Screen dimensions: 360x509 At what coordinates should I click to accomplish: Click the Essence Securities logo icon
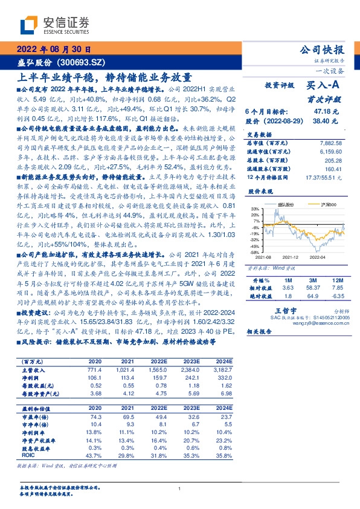click(29, 24)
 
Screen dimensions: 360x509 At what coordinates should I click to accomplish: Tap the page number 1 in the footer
click(180, 488)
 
